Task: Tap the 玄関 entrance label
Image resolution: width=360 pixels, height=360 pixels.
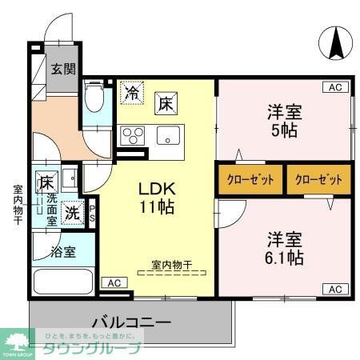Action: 63,68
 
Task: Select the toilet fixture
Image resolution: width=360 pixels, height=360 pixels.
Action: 94,99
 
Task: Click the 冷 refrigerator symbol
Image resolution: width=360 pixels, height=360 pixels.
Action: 133,93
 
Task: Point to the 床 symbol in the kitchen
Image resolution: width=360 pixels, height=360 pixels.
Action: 165,102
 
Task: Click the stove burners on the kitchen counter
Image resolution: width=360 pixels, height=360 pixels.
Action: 133,134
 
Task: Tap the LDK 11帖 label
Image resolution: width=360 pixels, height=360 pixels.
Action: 158,198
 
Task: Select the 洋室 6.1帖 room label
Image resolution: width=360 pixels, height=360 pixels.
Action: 285,248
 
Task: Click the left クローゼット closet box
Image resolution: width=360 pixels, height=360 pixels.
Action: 250,179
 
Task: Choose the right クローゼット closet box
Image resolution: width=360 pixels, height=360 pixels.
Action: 318,179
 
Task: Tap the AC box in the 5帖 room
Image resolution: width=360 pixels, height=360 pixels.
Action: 335,86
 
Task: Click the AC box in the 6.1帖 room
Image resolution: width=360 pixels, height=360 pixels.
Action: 335,288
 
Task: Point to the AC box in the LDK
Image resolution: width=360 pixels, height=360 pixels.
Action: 113,282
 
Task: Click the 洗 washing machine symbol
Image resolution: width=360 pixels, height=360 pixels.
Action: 72,214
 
